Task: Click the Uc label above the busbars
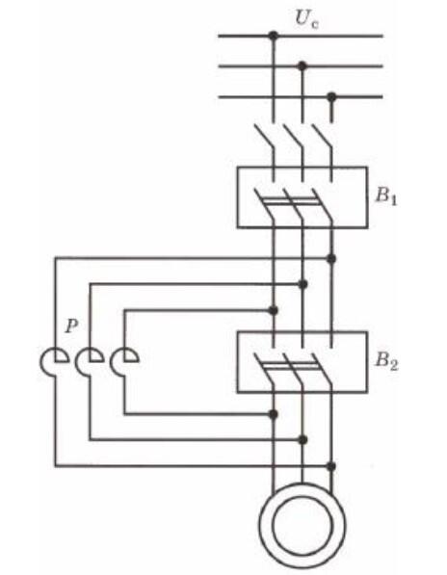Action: (x=306, y=19)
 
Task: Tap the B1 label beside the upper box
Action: (x=385, y=196)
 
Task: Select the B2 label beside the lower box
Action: (x=386, y=361)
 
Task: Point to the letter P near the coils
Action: (x=71, y=326)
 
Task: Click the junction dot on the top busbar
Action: (x=274, y=36)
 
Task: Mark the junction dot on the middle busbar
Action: (x=302, y=66)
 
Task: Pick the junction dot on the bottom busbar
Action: (x=331, y=97)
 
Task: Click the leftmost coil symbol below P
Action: (x=55, y=361)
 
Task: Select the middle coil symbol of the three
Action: (x=91, y=361)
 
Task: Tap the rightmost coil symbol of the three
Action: (x=124, y=361)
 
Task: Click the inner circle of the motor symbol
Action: (x=302, y=525)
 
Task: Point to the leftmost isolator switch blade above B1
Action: (x=265, y=137)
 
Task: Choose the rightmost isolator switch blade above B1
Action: (x=323, y=137)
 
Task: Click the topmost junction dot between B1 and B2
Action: (x=331, y=258)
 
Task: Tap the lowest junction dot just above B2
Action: (x=274, y=310)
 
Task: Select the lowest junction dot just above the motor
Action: (x=331, y=466)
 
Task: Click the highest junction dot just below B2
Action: (x=274, y=414)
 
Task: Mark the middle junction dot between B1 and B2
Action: (x=302, y=284)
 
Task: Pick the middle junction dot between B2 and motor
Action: (x=302, y=440)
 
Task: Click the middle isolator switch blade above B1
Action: (x=294, y=137)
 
